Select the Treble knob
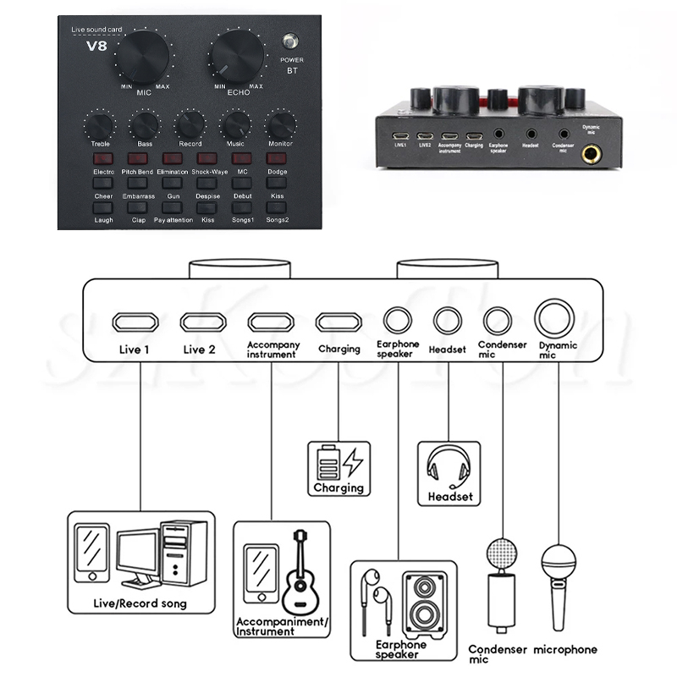[100, 126]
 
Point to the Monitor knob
[279, 126]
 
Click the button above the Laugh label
[103, 207]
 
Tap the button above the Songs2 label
[278, 207]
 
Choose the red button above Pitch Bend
[138, 158]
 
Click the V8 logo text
[96, 47]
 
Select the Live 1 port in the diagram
[135, 322]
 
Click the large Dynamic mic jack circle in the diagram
[556, 319]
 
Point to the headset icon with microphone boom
[448, 467]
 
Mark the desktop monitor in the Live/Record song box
[141, 559]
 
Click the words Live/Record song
[139, 604]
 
